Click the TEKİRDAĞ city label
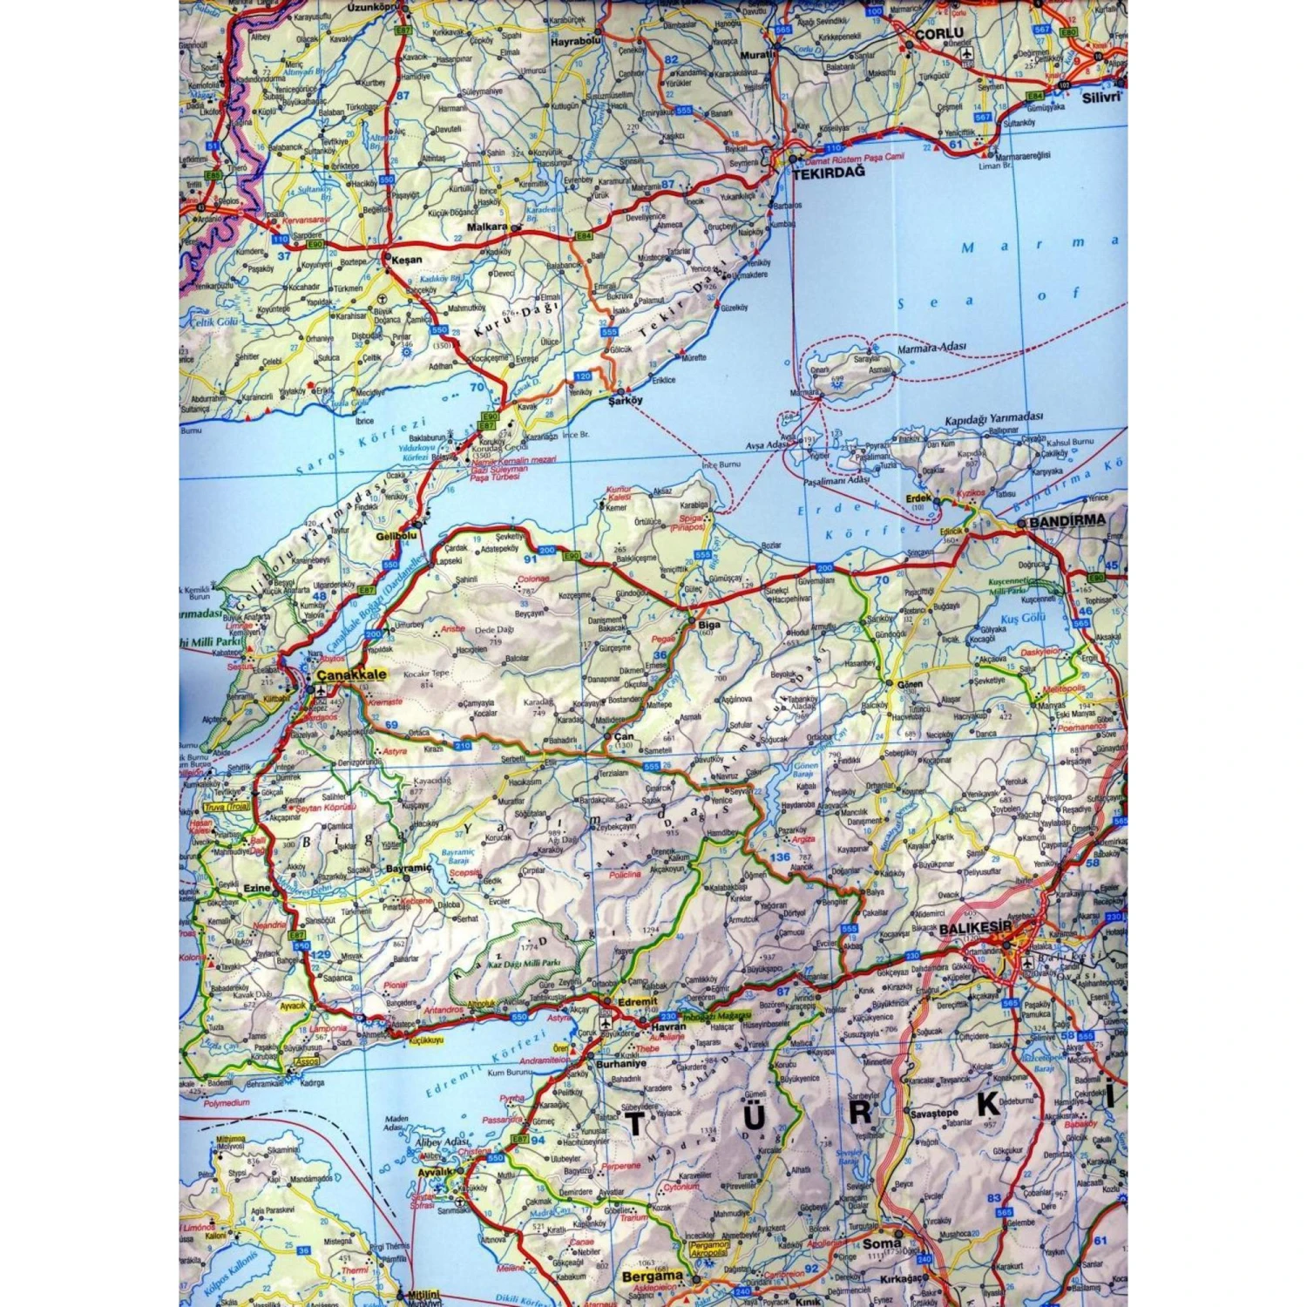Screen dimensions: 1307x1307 coord(829,173)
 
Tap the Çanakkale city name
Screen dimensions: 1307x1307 coord(351,674)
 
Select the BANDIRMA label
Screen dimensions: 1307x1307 coord(1067,520)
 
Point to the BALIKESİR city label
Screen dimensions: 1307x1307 coord(975,929)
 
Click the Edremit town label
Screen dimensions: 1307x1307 coord(637,1002)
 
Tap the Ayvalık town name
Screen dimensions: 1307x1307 coord(435,1172)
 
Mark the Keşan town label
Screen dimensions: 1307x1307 coord(406,260)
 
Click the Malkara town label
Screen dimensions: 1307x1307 coord(487,227)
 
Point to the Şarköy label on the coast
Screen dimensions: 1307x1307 coord(625,401)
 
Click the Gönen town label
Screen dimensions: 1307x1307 coord(910,684)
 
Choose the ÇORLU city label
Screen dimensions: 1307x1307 coord(938,33)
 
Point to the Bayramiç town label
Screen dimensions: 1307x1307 coord(409,869)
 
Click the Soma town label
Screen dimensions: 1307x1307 coord(882,1243)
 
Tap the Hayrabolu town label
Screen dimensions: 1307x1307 coord(576,40)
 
